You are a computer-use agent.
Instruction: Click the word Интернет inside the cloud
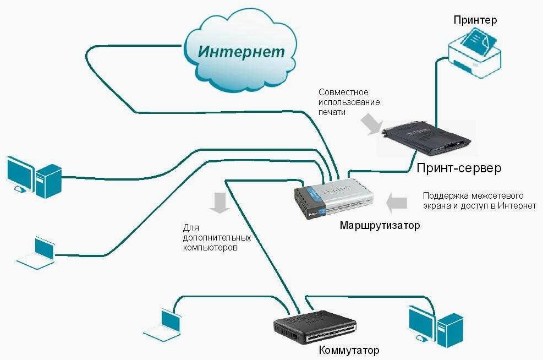pos(242,51)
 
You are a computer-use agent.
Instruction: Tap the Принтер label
pos(475,20)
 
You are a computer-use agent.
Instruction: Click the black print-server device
pos(426,139)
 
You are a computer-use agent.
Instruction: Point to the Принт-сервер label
pos(459,168)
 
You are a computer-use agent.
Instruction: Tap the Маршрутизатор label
pos(380,225)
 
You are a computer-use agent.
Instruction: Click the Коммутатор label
pos(349,350)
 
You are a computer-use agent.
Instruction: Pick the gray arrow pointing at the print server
pos(371,126)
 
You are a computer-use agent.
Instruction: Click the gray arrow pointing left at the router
pos(397,203)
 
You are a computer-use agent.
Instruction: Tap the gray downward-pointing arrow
pos(220,203)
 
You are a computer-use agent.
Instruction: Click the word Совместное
pos(343,92)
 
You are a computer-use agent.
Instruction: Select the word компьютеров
pos(210,248)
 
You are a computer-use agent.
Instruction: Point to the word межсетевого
pos(497,196)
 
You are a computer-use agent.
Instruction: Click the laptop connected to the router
pos(36,253)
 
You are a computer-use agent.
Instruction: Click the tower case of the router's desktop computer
pos(48,181)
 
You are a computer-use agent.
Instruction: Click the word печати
pos(332,112)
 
